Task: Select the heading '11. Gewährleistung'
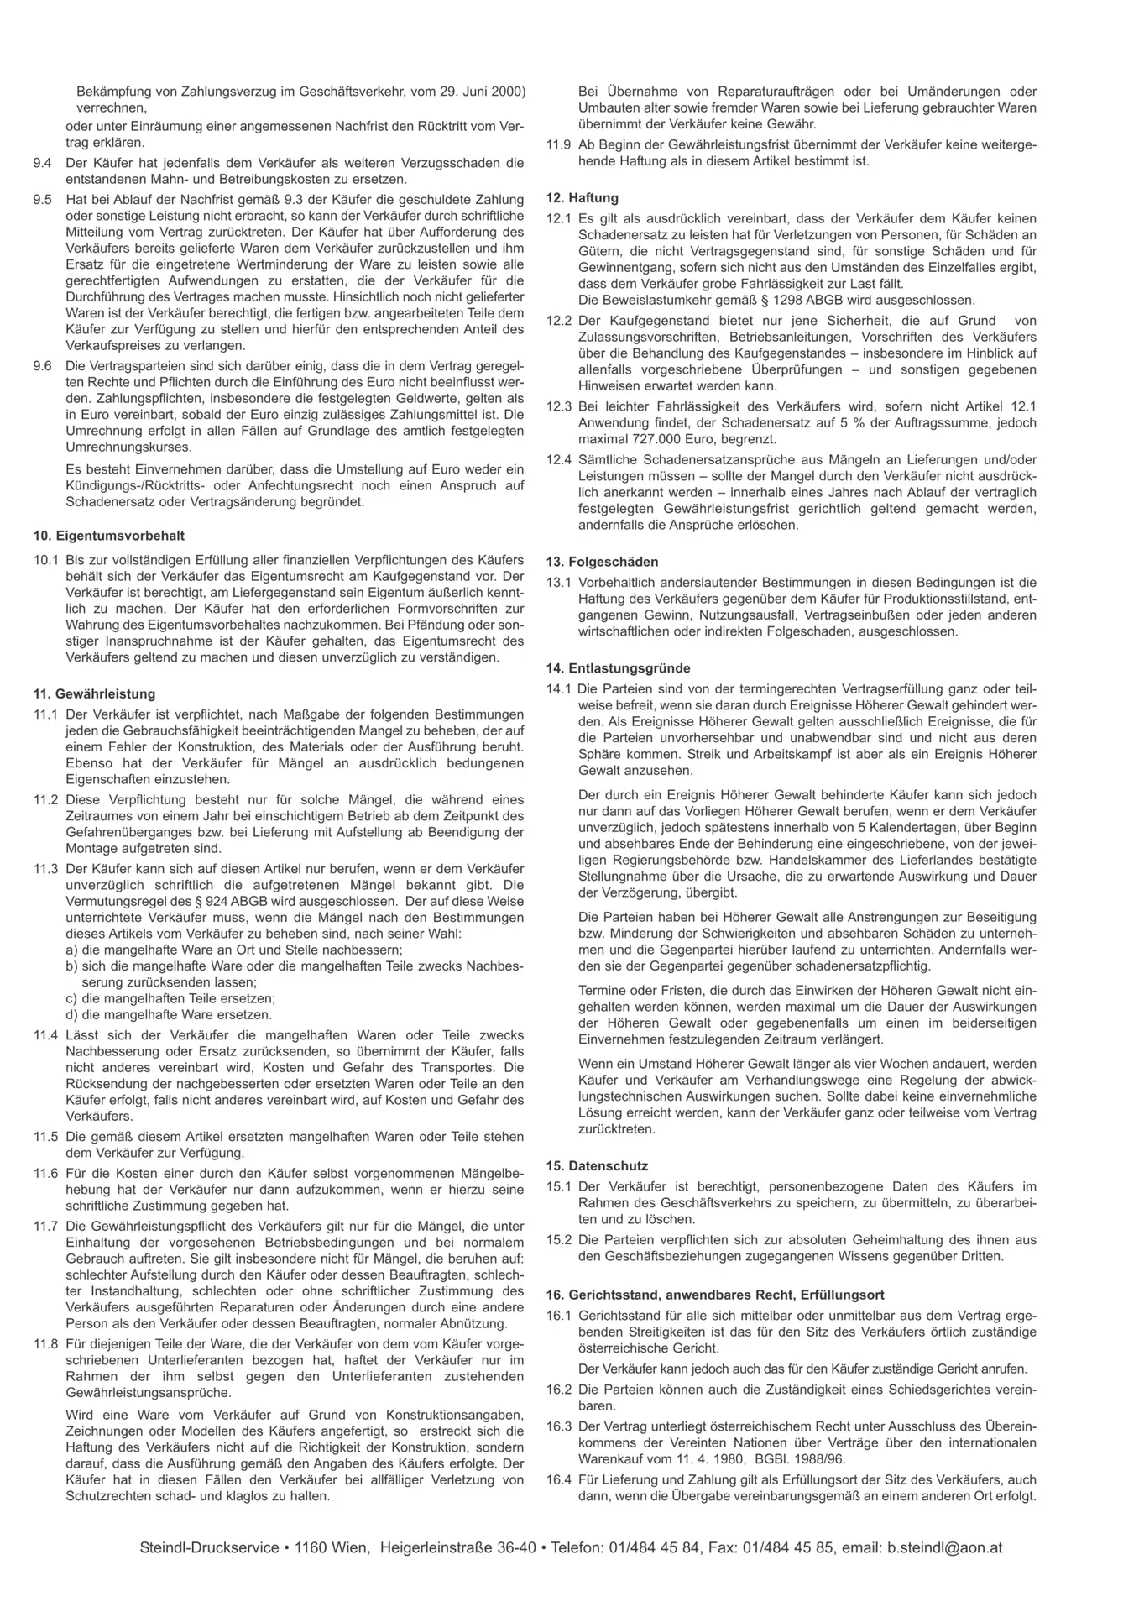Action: point(94,694)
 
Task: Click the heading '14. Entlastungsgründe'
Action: point(618,668)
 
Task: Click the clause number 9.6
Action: point(42,366)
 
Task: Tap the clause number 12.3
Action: point(558,406)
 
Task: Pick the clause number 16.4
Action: point(558,1479)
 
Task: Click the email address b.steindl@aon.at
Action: point(944,1547)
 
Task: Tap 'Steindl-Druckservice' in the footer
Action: point(209,1547)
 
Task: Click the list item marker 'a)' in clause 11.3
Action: point(72,950)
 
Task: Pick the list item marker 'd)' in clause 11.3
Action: point(72,1014)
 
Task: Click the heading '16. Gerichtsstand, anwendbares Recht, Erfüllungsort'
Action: point(714,1295)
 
